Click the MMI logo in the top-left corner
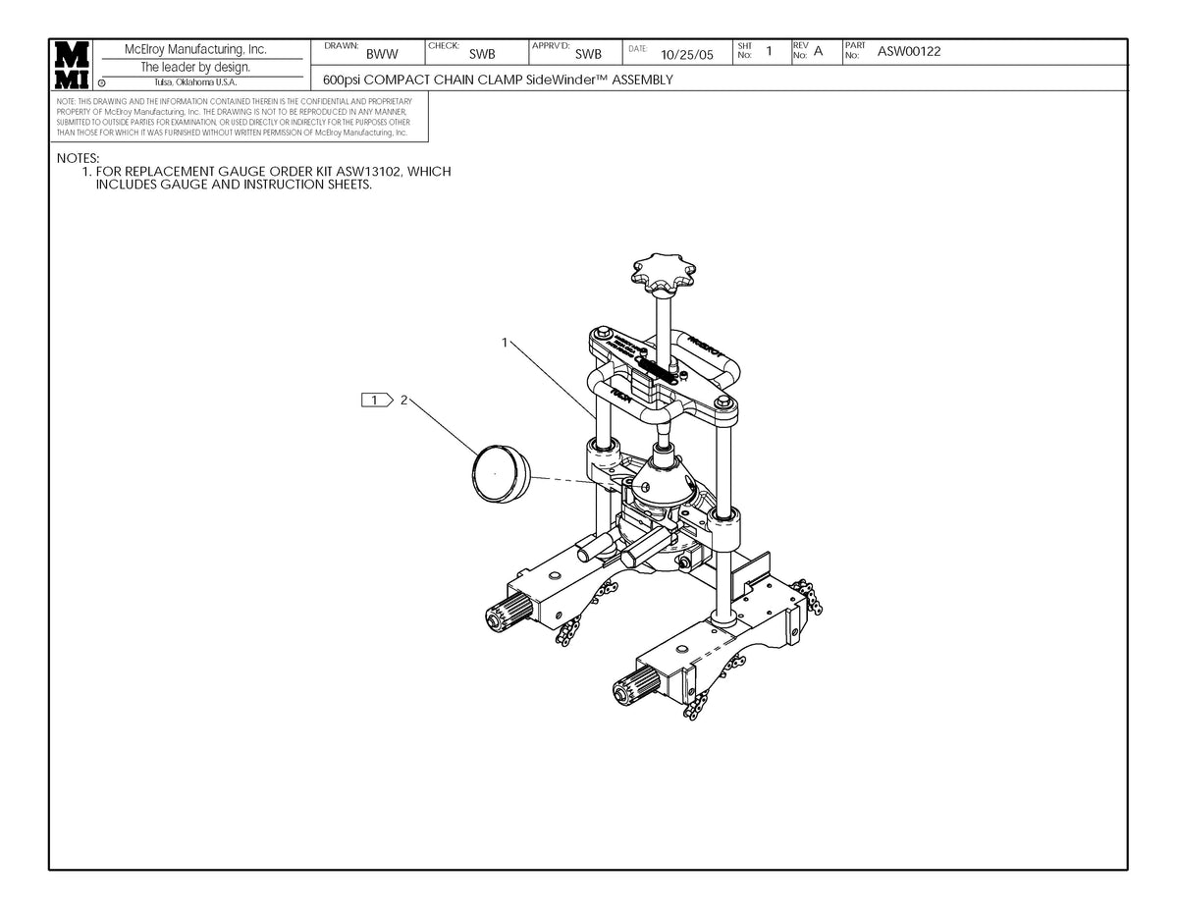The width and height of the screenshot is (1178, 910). click(73, 65)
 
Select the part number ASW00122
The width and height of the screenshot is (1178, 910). click(909, 52)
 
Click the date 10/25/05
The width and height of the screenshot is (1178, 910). click(687, 55)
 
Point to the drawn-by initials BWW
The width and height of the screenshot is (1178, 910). click(382, 55)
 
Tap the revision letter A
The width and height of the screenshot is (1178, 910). click(818, 51)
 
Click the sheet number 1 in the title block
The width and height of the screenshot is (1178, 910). click(770, 51)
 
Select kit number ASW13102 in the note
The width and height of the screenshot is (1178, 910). click(366, 172)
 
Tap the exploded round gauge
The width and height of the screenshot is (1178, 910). click(501, 472)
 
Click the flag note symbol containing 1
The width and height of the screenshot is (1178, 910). click(376, 400)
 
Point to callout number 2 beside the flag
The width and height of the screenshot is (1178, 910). click(402, 400)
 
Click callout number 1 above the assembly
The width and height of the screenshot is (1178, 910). click(505, 344)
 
